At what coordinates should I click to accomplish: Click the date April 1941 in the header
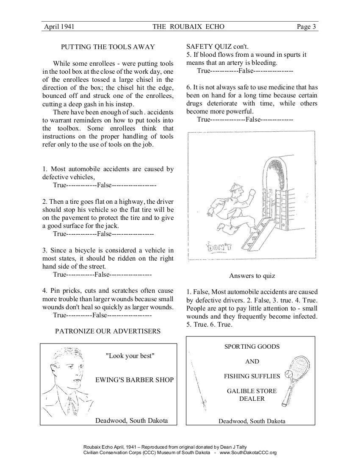[x=59, y=27]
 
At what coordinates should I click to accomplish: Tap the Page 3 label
[x=306, y=27]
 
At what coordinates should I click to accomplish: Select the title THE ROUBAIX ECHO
[x=188, y=27]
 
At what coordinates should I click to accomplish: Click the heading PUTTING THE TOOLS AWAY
[x=108, y=47]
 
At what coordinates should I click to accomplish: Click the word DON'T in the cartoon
[x=219, y=247]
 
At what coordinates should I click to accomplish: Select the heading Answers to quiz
[x=252, y=276]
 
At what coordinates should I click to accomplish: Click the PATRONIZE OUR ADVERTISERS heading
[x=108, y=331]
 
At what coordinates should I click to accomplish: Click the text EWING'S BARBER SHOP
[x=134, y=380]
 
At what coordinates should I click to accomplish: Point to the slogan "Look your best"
[x=130, y=356]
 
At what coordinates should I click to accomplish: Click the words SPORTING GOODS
[x=252, y=347]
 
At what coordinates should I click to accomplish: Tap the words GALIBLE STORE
[x=252, y=391]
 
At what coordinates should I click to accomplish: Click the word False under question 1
[x=104, y=185]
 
